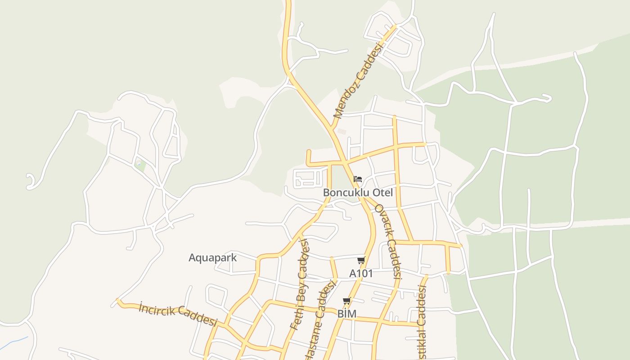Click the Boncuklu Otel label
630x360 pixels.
click(x=358, y=193)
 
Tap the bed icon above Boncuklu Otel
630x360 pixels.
click(x=358, y=179)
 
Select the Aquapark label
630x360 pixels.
click(x=212, y=258)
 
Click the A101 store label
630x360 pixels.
click(x=361, y=273)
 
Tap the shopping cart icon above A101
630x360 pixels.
click(x=361, y=261)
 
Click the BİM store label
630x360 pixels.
click(x=346, y=314)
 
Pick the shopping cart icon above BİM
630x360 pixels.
click(x=346, y=301)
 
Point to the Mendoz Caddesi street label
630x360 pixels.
click(x=358, y=81)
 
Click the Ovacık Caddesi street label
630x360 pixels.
click(x=388, y=241)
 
